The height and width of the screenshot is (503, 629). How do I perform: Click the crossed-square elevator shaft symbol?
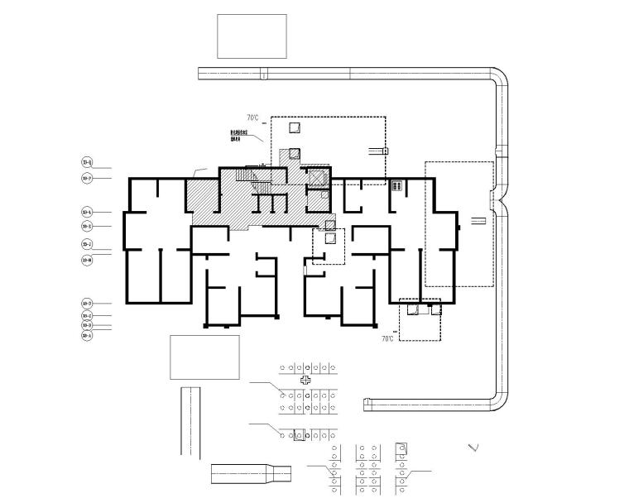pyautogui.click(x=315, y=179)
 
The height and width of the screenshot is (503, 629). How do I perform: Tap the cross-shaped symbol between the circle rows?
pyautogui.click(x=306, y=380)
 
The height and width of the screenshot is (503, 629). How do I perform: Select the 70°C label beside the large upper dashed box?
pyautogui.click(x=253, y=118)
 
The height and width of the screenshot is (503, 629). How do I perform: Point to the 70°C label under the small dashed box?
pyautogui.click(x=387, y=339)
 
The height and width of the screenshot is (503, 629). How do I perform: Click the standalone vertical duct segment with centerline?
pyautogui.click(x=190, y=422)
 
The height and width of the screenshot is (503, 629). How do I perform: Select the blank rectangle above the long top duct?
pyautogui.click(x=252, y=36)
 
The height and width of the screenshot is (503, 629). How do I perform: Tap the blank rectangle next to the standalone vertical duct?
pyautogui.click(x=204, y=357)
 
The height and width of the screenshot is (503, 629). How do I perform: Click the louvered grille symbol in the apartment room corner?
pyautogui.click(x=396, y=185)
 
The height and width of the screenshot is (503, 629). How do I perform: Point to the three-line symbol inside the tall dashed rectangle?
pyautogui.click(x=478, y=221)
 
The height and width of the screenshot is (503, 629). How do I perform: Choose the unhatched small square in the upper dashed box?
pyautogui.click(x=295, y=127)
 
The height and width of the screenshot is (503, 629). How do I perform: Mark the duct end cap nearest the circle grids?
pyautogui.click(x=365, y=405)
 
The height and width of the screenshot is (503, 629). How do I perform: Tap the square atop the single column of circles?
pyautogui.click(x=401, y=448)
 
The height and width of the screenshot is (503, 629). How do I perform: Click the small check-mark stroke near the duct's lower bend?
pyautogui.click(x=473, y=448)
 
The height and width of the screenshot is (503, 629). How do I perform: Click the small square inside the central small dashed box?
pyautogui.click(x=329, y=237)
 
